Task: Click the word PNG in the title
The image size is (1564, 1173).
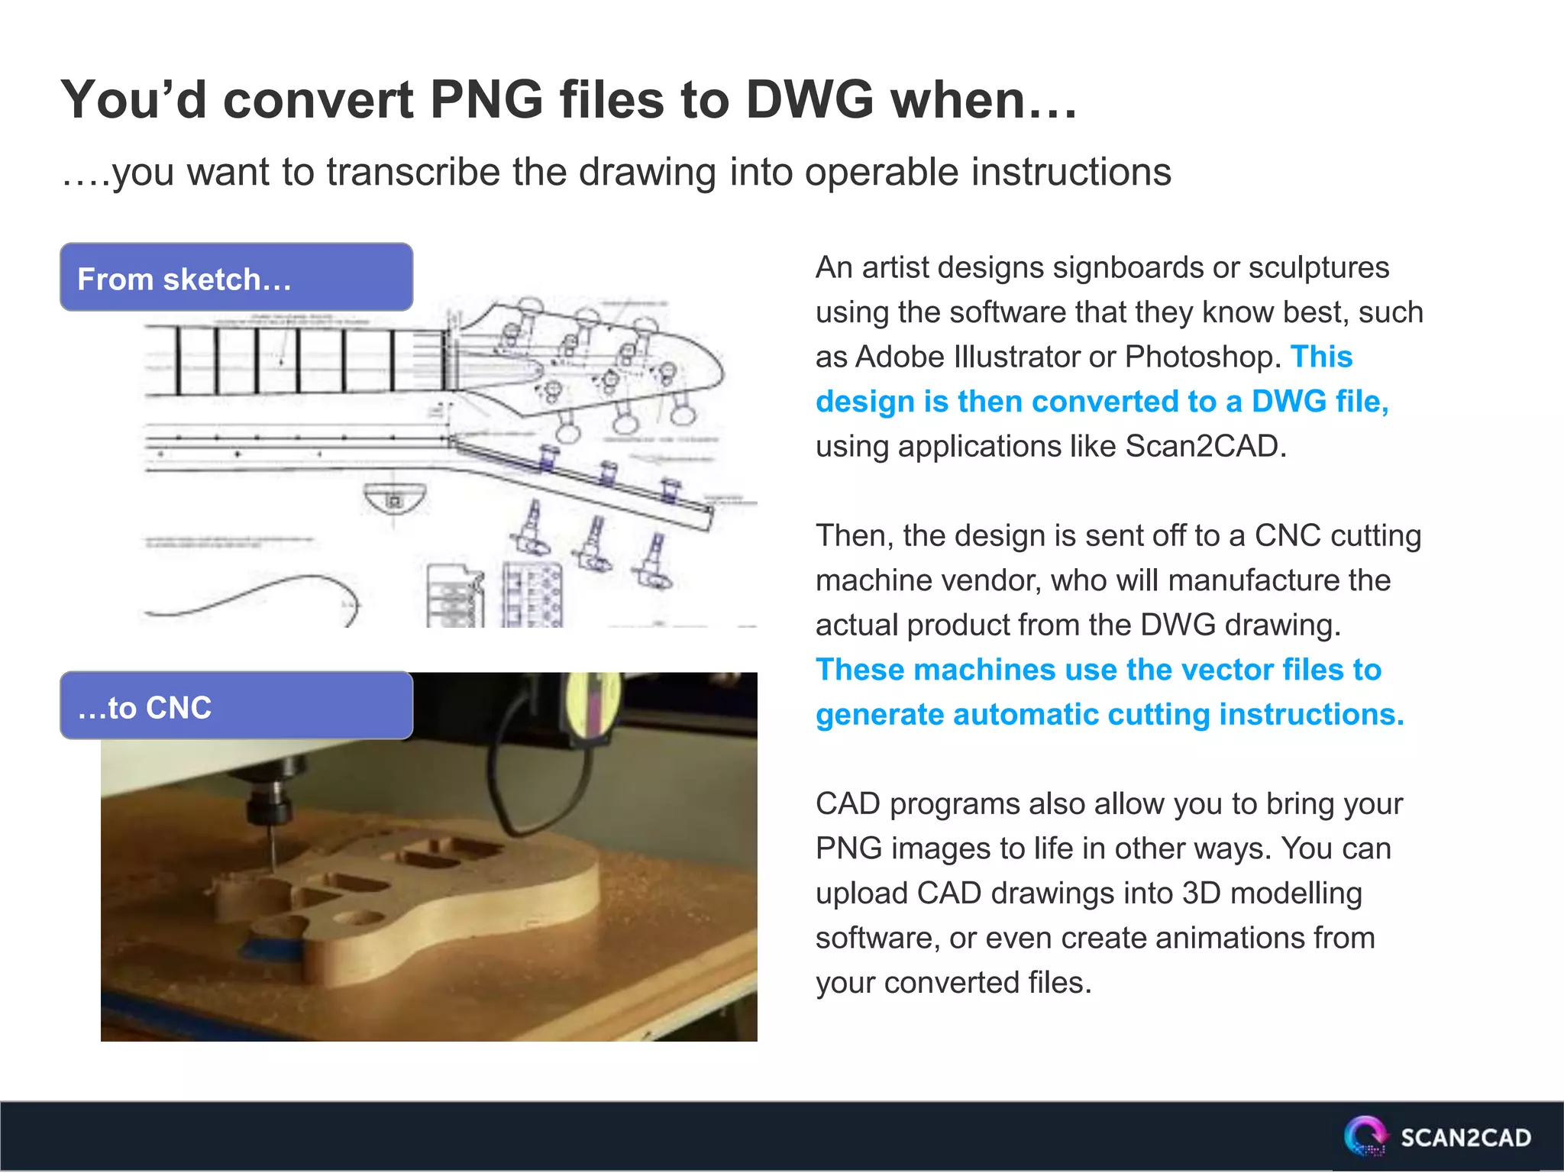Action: tap(486, 100)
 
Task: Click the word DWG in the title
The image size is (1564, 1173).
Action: tap(809, 100)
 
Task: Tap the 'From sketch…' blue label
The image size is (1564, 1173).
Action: tap(236, 278)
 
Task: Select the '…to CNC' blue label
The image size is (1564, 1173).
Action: tap(236, 706)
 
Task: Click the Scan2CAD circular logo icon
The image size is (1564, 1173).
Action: tap(1365, 1136)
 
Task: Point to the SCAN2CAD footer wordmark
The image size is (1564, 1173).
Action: tap(1465, 1138)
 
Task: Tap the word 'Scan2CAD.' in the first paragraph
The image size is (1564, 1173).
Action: tap(1206, 447)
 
